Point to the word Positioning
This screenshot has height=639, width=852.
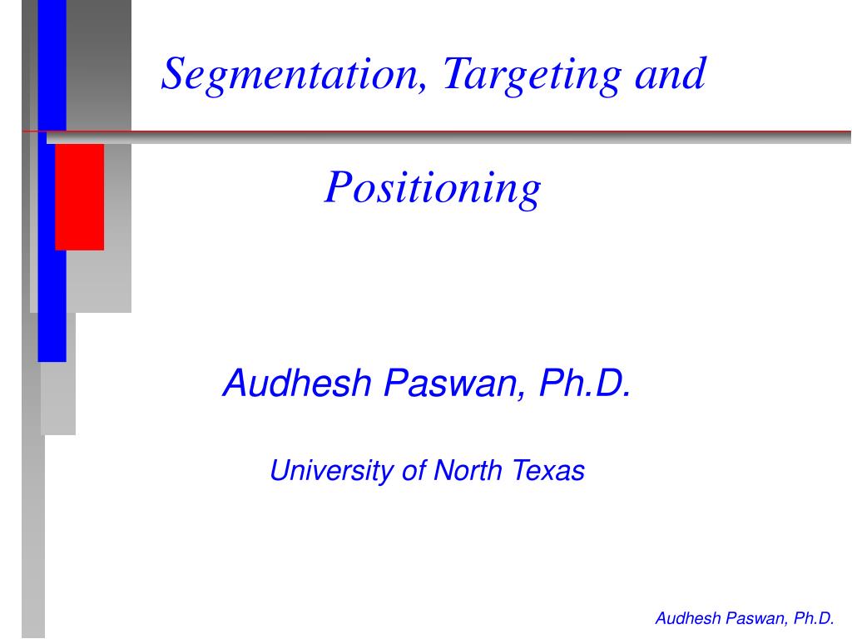433,188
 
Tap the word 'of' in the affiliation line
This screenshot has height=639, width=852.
413,472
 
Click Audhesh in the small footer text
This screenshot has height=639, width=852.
687,618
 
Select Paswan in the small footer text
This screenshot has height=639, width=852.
756,618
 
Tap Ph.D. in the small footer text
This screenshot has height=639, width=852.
814,618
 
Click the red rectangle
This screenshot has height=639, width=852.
80,196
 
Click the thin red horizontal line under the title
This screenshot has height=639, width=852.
499,131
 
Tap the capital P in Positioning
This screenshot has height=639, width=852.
336,188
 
